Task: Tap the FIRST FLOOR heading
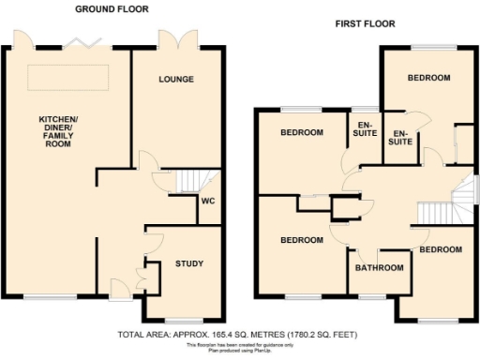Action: [x=365, y=23]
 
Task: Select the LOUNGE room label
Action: [x=176, y=80]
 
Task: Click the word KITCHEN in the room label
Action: [x=57, y=120]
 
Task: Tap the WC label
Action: [x=208, y=200]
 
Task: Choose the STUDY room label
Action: [x=188, y=263]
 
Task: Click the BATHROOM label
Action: [x=379, y=268]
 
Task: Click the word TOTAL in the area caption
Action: [x=132, y=334]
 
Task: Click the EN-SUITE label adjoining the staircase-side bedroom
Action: [x=399, y=137]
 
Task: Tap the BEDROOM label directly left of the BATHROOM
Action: [x=302, y=241]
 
